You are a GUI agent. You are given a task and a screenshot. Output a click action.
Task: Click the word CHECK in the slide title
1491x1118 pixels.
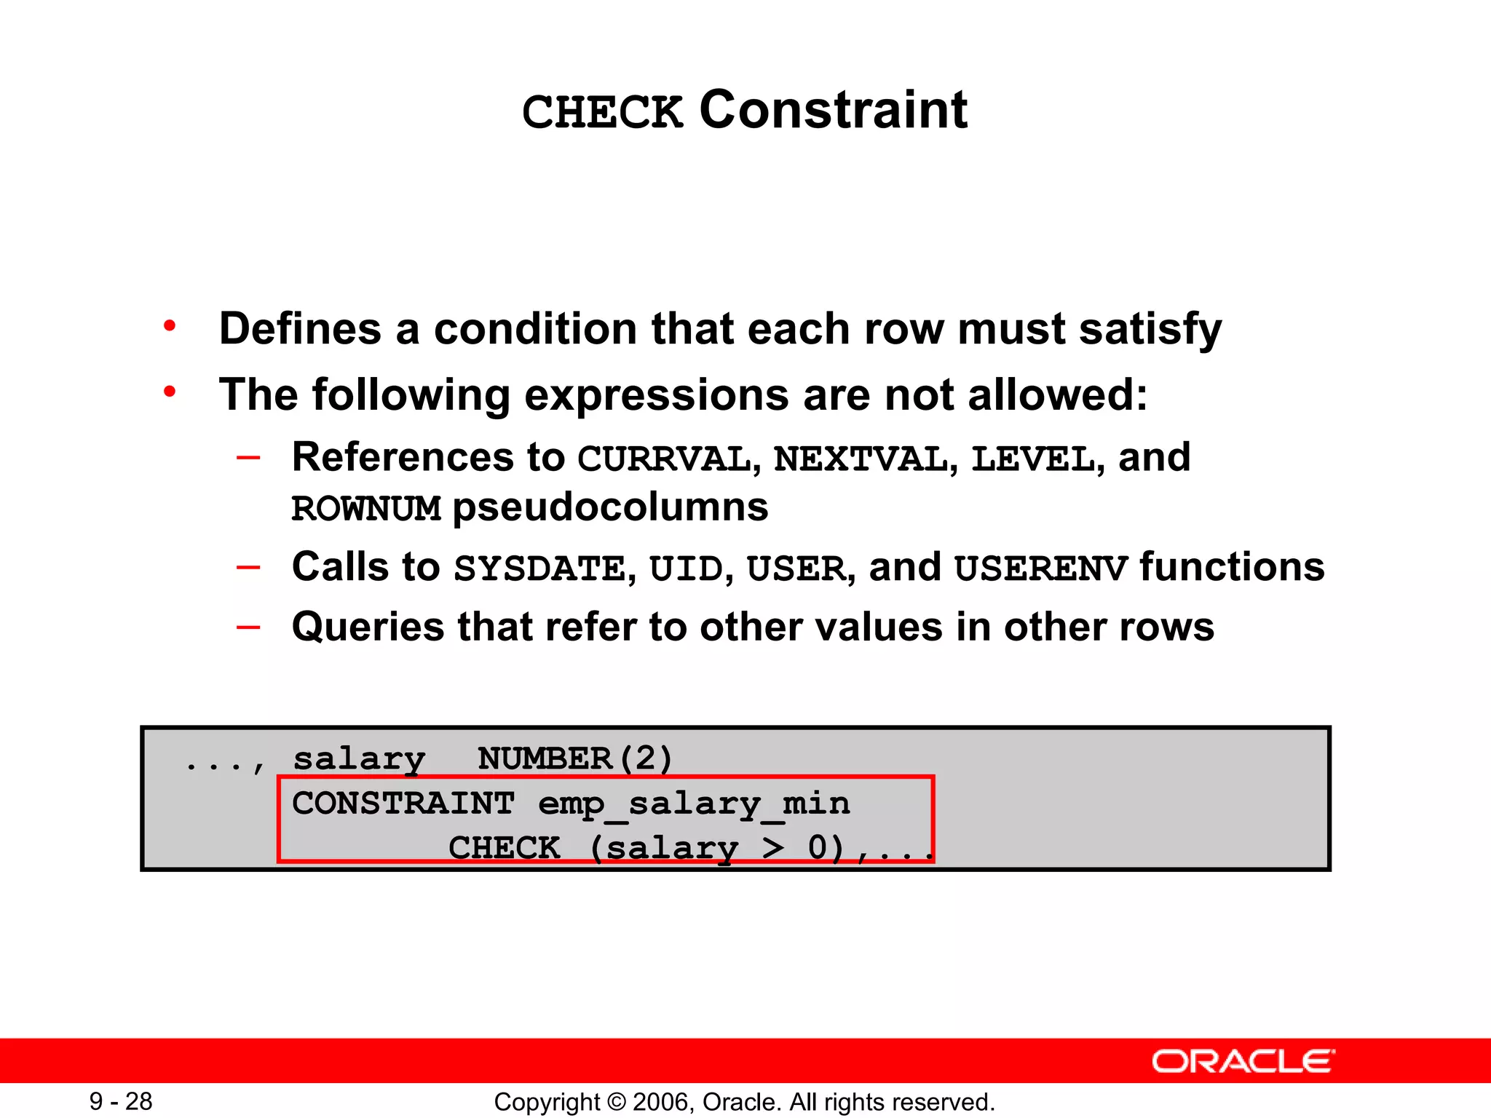(603, 113)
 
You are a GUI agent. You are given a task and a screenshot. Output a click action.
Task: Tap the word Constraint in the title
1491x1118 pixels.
(833, 111)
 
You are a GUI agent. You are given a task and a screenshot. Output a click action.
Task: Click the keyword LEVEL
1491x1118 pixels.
(1032, 459)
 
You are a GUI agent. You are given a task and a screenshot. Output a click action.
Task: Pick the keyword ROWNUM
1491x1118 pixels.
(366, 509)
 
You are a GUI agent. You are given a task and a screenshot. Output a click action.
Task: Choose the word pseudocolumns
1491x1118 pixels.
(610, 507)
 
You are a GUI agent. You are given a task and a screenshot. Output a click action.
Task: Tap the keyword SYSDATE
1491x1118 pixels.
(539, 568)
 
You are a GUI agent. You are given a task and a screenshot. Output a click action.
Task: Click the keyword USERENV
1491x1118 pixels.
(1041, 568)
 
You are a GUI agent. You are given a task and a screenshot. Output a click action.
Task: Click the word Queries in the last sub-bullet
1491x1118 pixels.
(368, 627)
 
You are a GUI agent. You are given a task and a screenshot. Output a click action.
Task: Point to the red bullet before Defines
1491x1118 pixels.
(170, 326)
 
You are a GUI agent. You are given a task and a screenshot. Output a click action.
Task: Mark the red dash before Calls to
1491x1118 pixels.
(248, 566)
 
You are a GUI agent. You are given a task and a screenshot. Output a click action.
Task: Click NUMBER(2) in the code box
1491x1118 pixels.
(575, 758)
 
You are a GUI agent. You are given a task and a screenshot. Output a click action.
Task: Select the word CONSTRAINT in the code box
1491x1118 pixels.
(403, 804)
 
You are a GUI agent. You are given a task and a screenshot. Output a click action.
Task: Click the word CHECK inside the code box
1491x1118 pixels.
(504, 848)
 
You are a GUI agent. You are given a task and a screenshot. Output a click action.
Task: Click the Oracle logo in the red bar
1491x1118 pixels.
(1243, 1061)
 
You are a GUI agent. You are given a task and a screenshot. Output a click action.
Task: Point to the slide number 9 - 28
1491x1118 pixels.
(121, 1101)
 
